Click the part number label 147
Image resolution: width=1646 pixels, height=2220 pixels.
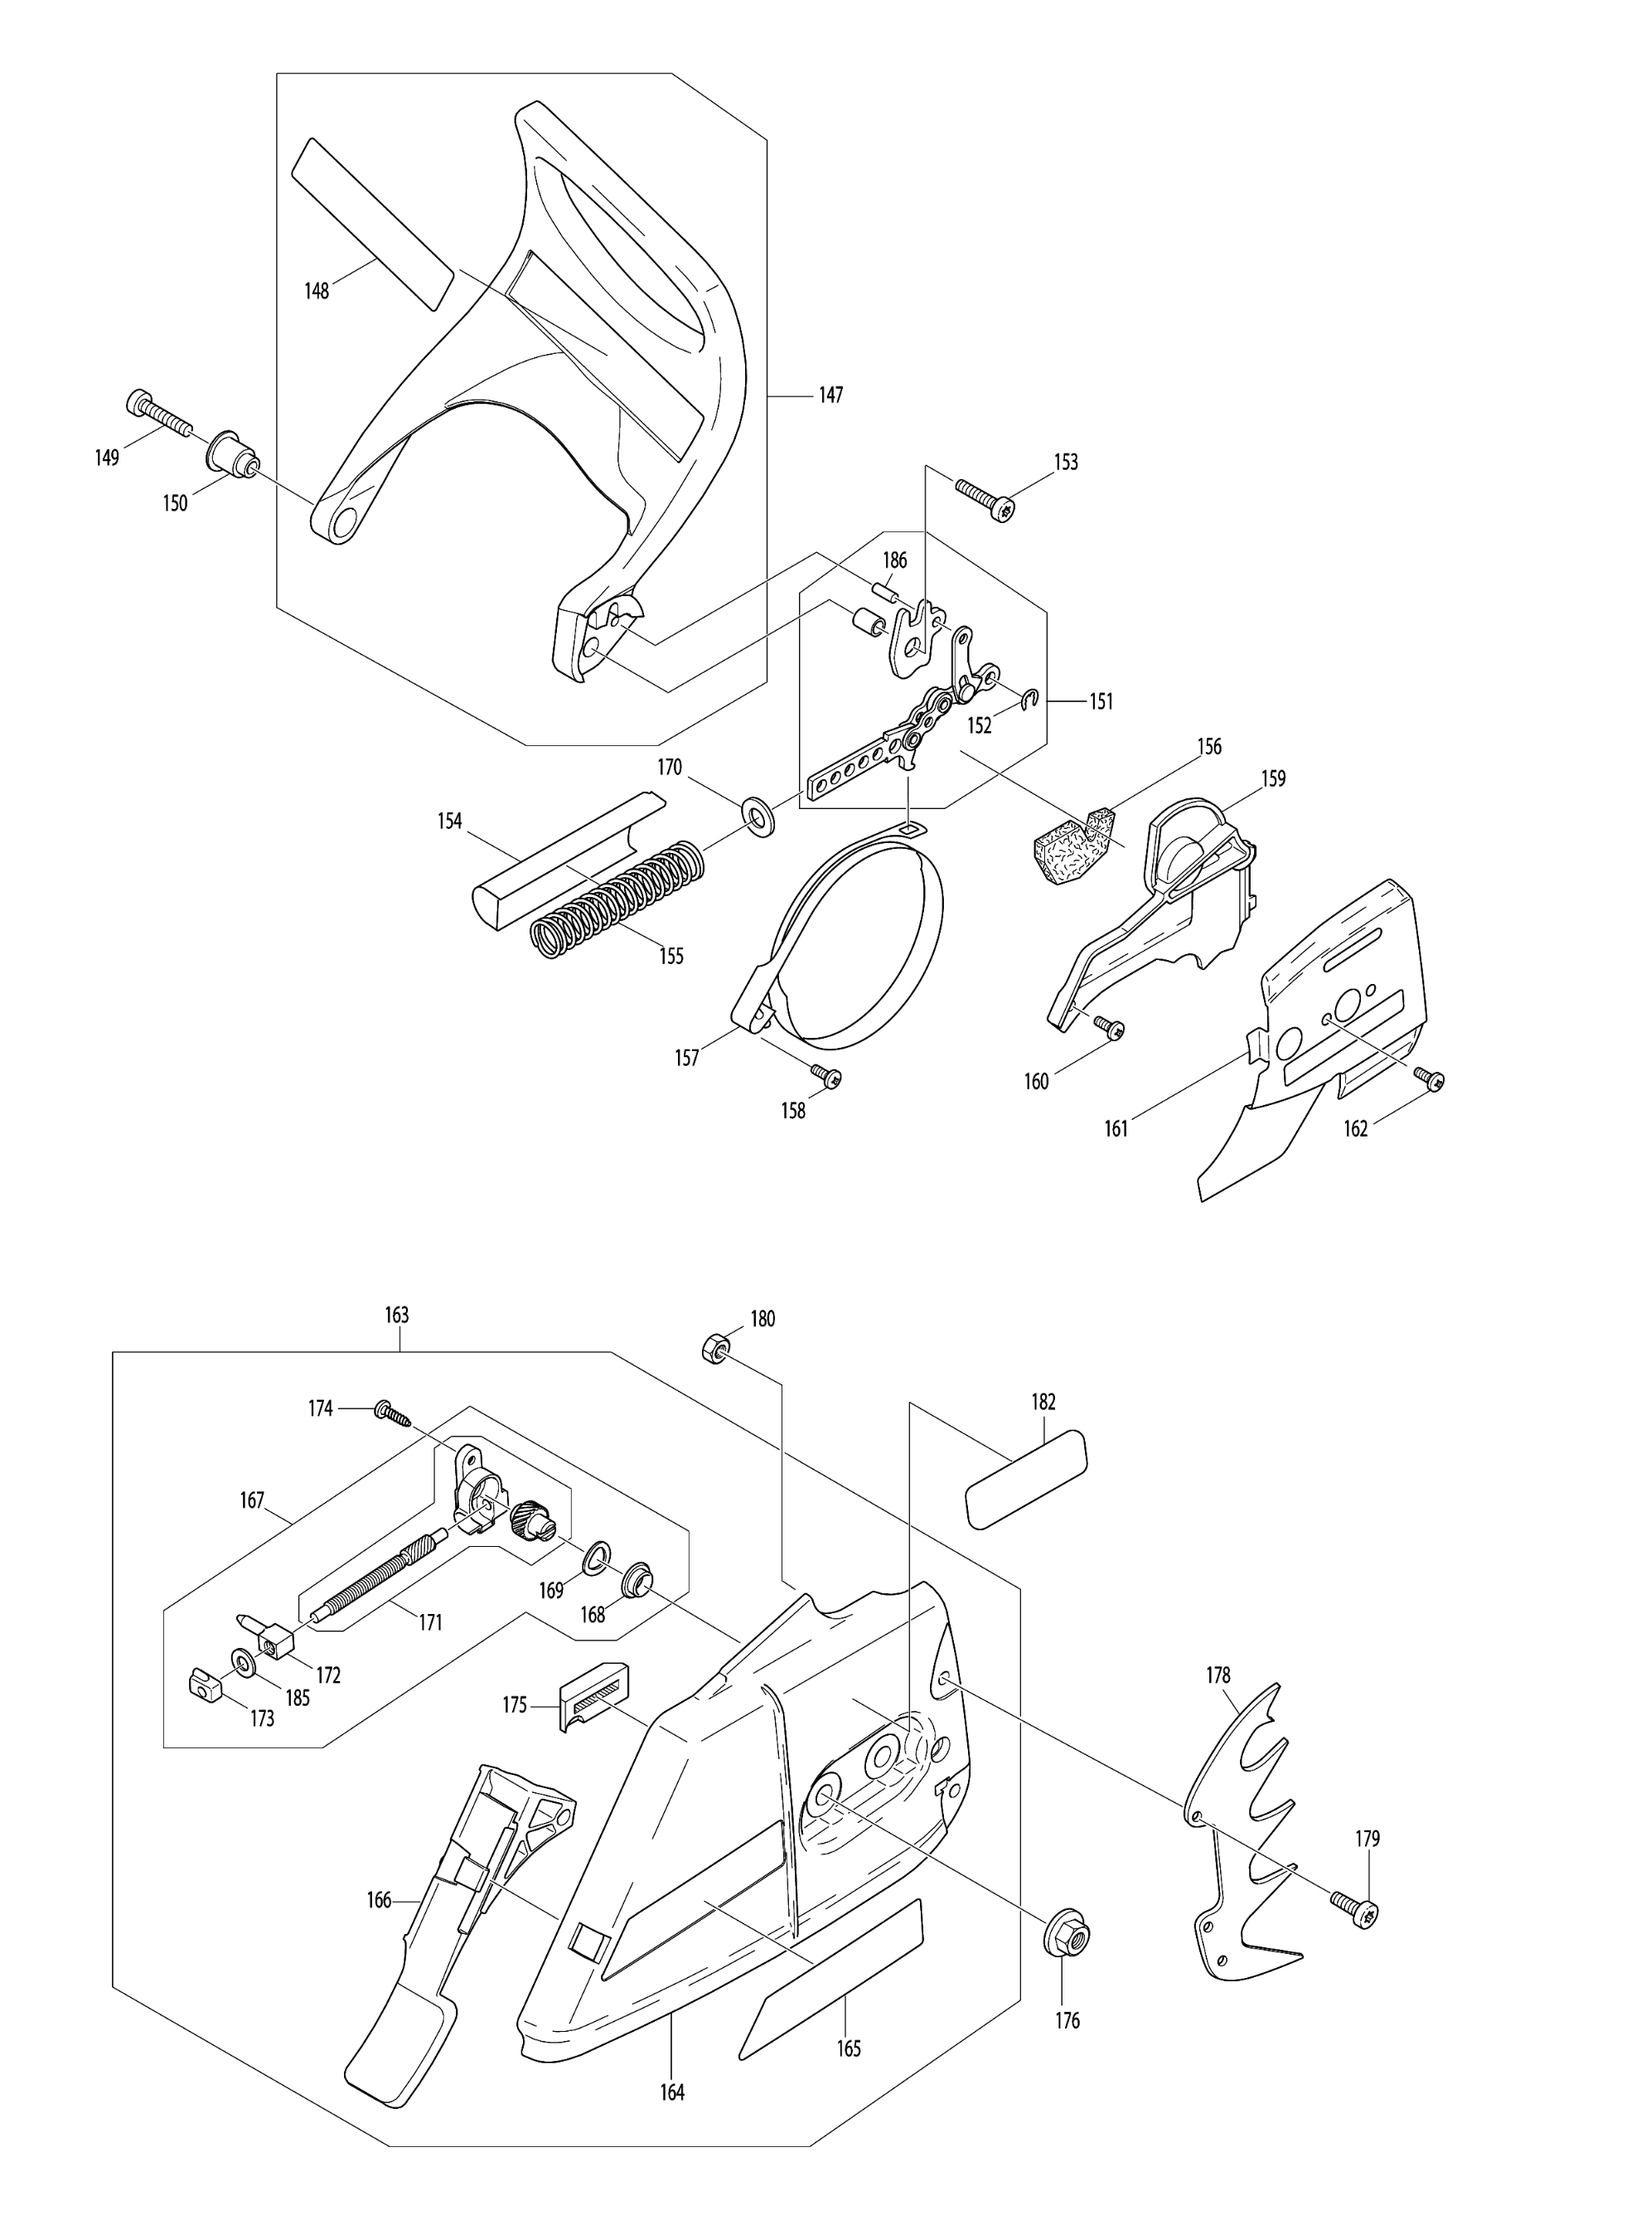pos(831,395)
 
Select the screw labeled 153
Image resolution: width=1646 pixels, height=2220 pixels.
pos(985,498)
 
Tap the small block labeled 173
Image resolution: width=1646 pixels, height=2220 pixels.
pos(203,1684)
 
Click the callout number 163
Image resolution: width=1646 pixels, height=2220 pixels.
pos(396,1316)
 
